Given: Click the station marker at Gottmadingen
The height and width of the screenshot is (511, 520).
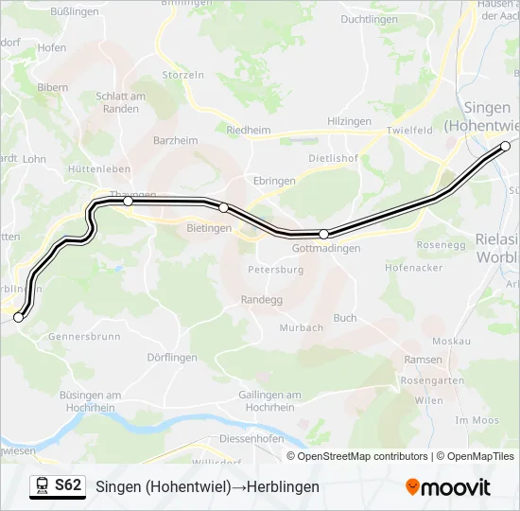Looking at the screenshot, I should (323, 234).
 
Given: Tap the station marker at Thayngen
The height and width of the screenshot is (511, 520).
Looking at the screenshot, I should (128, 201).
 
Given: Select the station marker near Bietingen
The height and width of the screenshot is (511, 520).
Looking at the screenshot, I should (223, 207).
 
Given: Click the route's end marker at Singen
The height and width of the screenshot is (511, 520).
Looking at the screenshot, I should (505, 146).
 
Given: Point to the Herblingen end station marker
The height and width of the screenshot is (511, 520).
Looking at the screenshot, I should (18, 318).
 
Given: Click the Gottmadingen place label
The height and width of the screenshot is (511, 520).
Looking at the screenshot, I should (327, 248).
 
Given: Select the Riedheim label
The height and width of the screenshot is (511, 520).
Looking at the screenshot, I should (249, 131).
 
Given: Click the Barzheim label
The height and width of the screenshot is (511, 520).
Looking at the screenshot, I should (175, 140).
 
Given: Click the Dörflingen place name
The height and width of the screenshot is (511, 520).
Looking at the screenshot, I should (172, 358).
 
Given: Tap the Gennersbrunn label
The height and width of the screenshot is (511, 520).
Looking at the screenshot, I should (84, 336).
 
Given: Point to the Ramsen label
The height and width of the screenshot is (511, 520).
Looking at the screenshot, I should (422, 360).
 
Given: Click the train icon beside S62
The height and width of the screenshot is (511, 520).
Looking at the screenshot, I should (41, 486).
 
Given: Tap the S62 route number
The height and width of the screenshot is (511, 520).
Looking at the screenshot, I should (68, 485).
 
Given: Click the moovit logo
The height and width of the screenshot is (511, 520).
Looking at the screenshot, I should (448, 486).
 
